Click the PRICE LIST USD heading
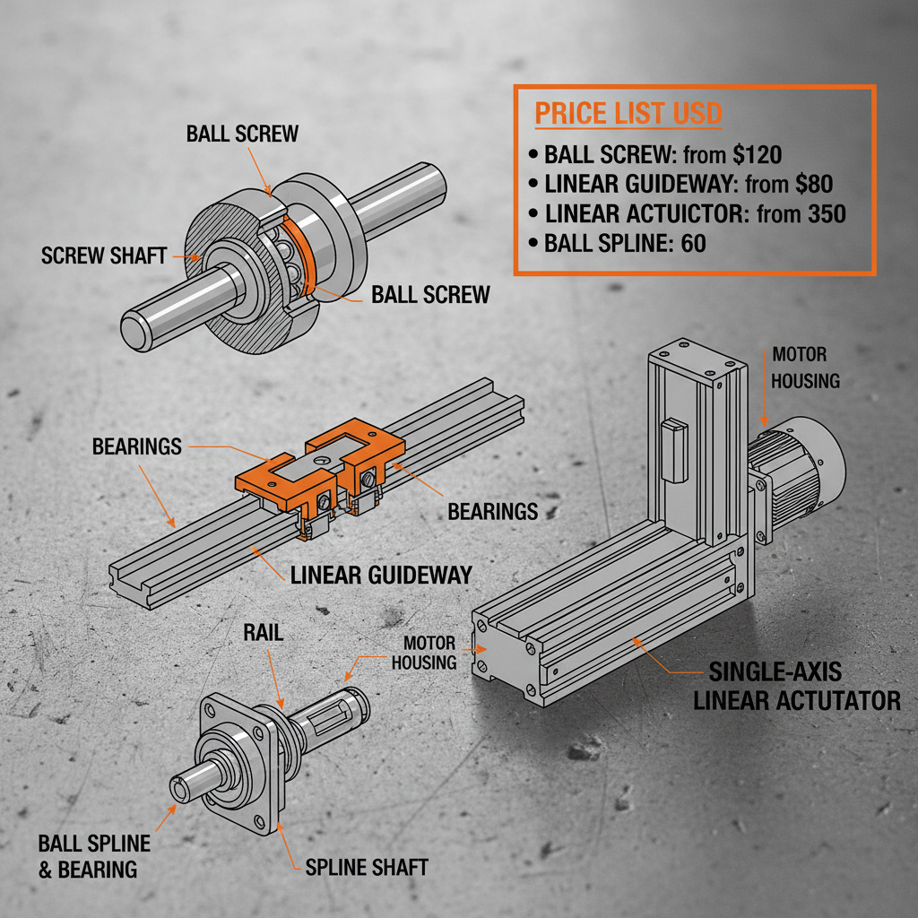(628, 114)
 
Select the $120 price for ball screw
(757, 153)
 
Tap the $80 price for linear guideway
(814, 185)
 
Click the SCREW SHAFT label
(104, 256)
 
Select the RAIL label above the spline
(264, 634)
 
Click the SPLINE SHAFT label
(367, 867)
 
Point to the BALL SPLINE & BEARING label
(93, 856)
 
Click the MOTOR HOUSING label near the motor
(805, 368)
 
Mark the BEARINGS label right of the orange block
(492, 512)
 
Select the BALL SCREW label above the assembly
(242, 134)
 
